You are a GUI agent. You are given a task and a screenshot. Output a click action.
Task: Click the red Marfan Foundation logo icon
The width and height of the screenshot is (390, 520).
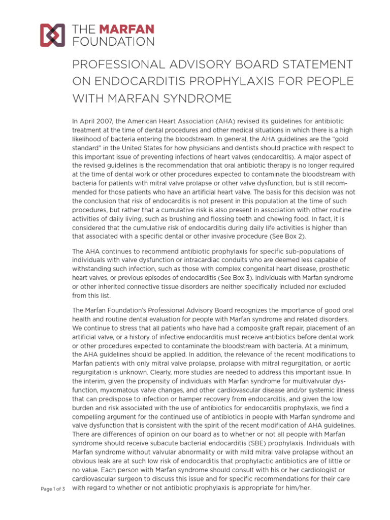(52, 35)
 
